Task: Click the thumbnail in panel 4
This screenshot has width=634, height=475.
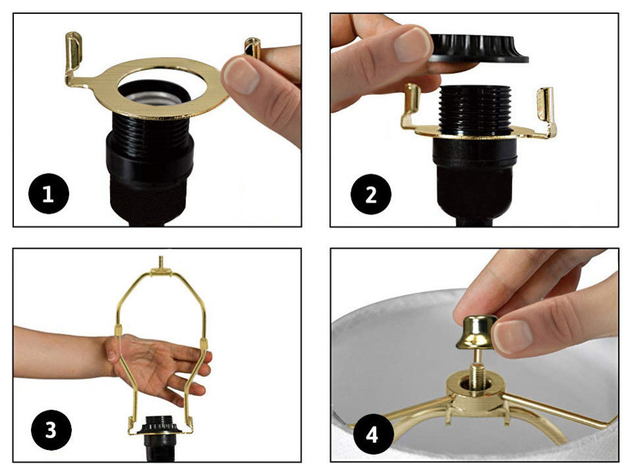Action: click(513, 335)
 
